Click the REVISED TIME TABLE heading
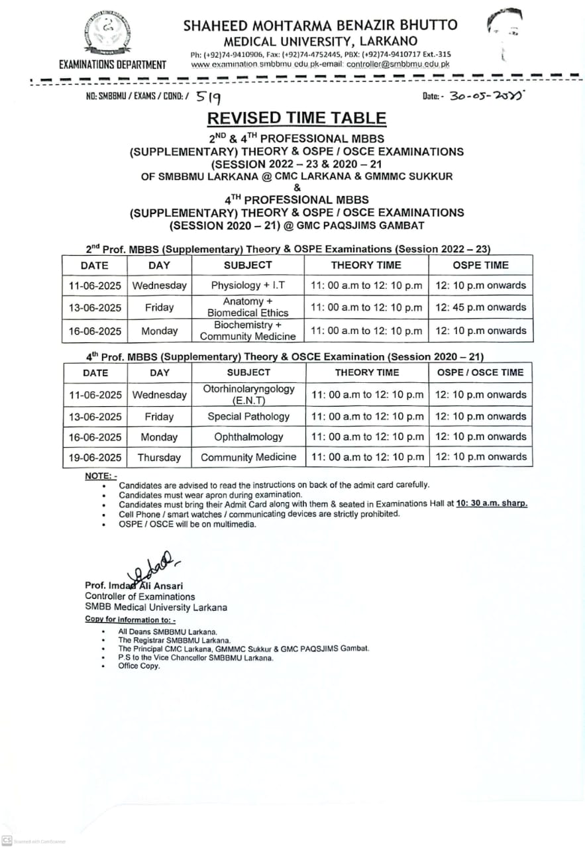click(296, 118)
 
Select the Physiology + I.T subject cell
click(248, 286)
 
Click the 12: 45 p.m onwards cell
click(480, 307)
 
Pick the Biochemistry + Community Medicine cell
click(248, 331)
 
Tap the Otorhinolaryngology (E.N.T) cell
click(248, 395)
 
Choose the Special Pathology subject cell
click(248, 417)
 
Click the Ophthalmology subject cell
click(248, 437)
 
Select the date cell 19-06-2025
click(95, 457)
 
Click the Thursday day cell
click(159, 457)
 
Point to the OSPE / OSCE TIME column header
click(480, 372)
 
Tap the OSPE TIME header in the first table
click(480, 265)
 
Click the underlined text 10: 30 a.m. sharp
click(492, 503)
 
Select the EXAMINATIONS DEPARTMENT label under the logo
click(113, 65)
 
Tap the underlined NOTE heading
click(101, 476)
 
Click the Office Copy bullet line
click(139, 666)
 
